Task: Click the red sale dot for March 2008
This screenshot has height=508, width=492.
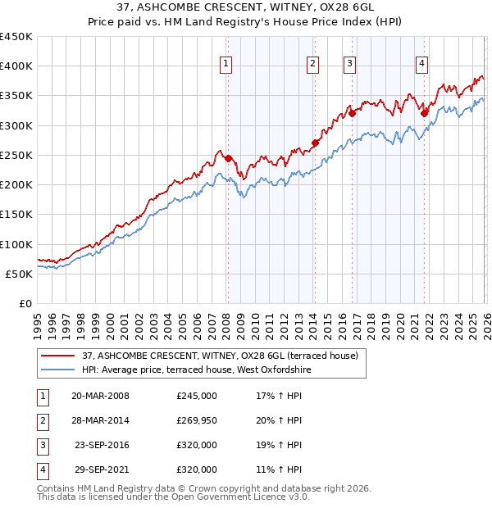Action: [x=228, y=158]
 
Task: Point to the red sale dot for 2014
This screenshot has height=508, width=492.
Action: [x=315, y=143]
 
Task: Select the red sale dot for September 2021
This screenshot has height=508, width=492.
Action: [x=424, y=114]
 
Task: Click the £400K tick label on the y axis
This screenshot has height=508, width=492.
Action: [x=16, y=66]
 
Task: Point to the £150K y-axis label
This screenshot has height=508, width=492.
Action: [x=16, y=215]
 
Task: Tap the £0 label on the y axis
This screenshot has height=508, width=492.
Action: [x=25, y=303]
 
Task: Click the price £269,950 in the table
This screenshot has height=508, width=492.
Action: [x=197, y=420]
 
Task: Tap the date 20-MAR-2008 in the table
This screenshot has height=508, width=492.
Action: [x=100, y=396]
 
